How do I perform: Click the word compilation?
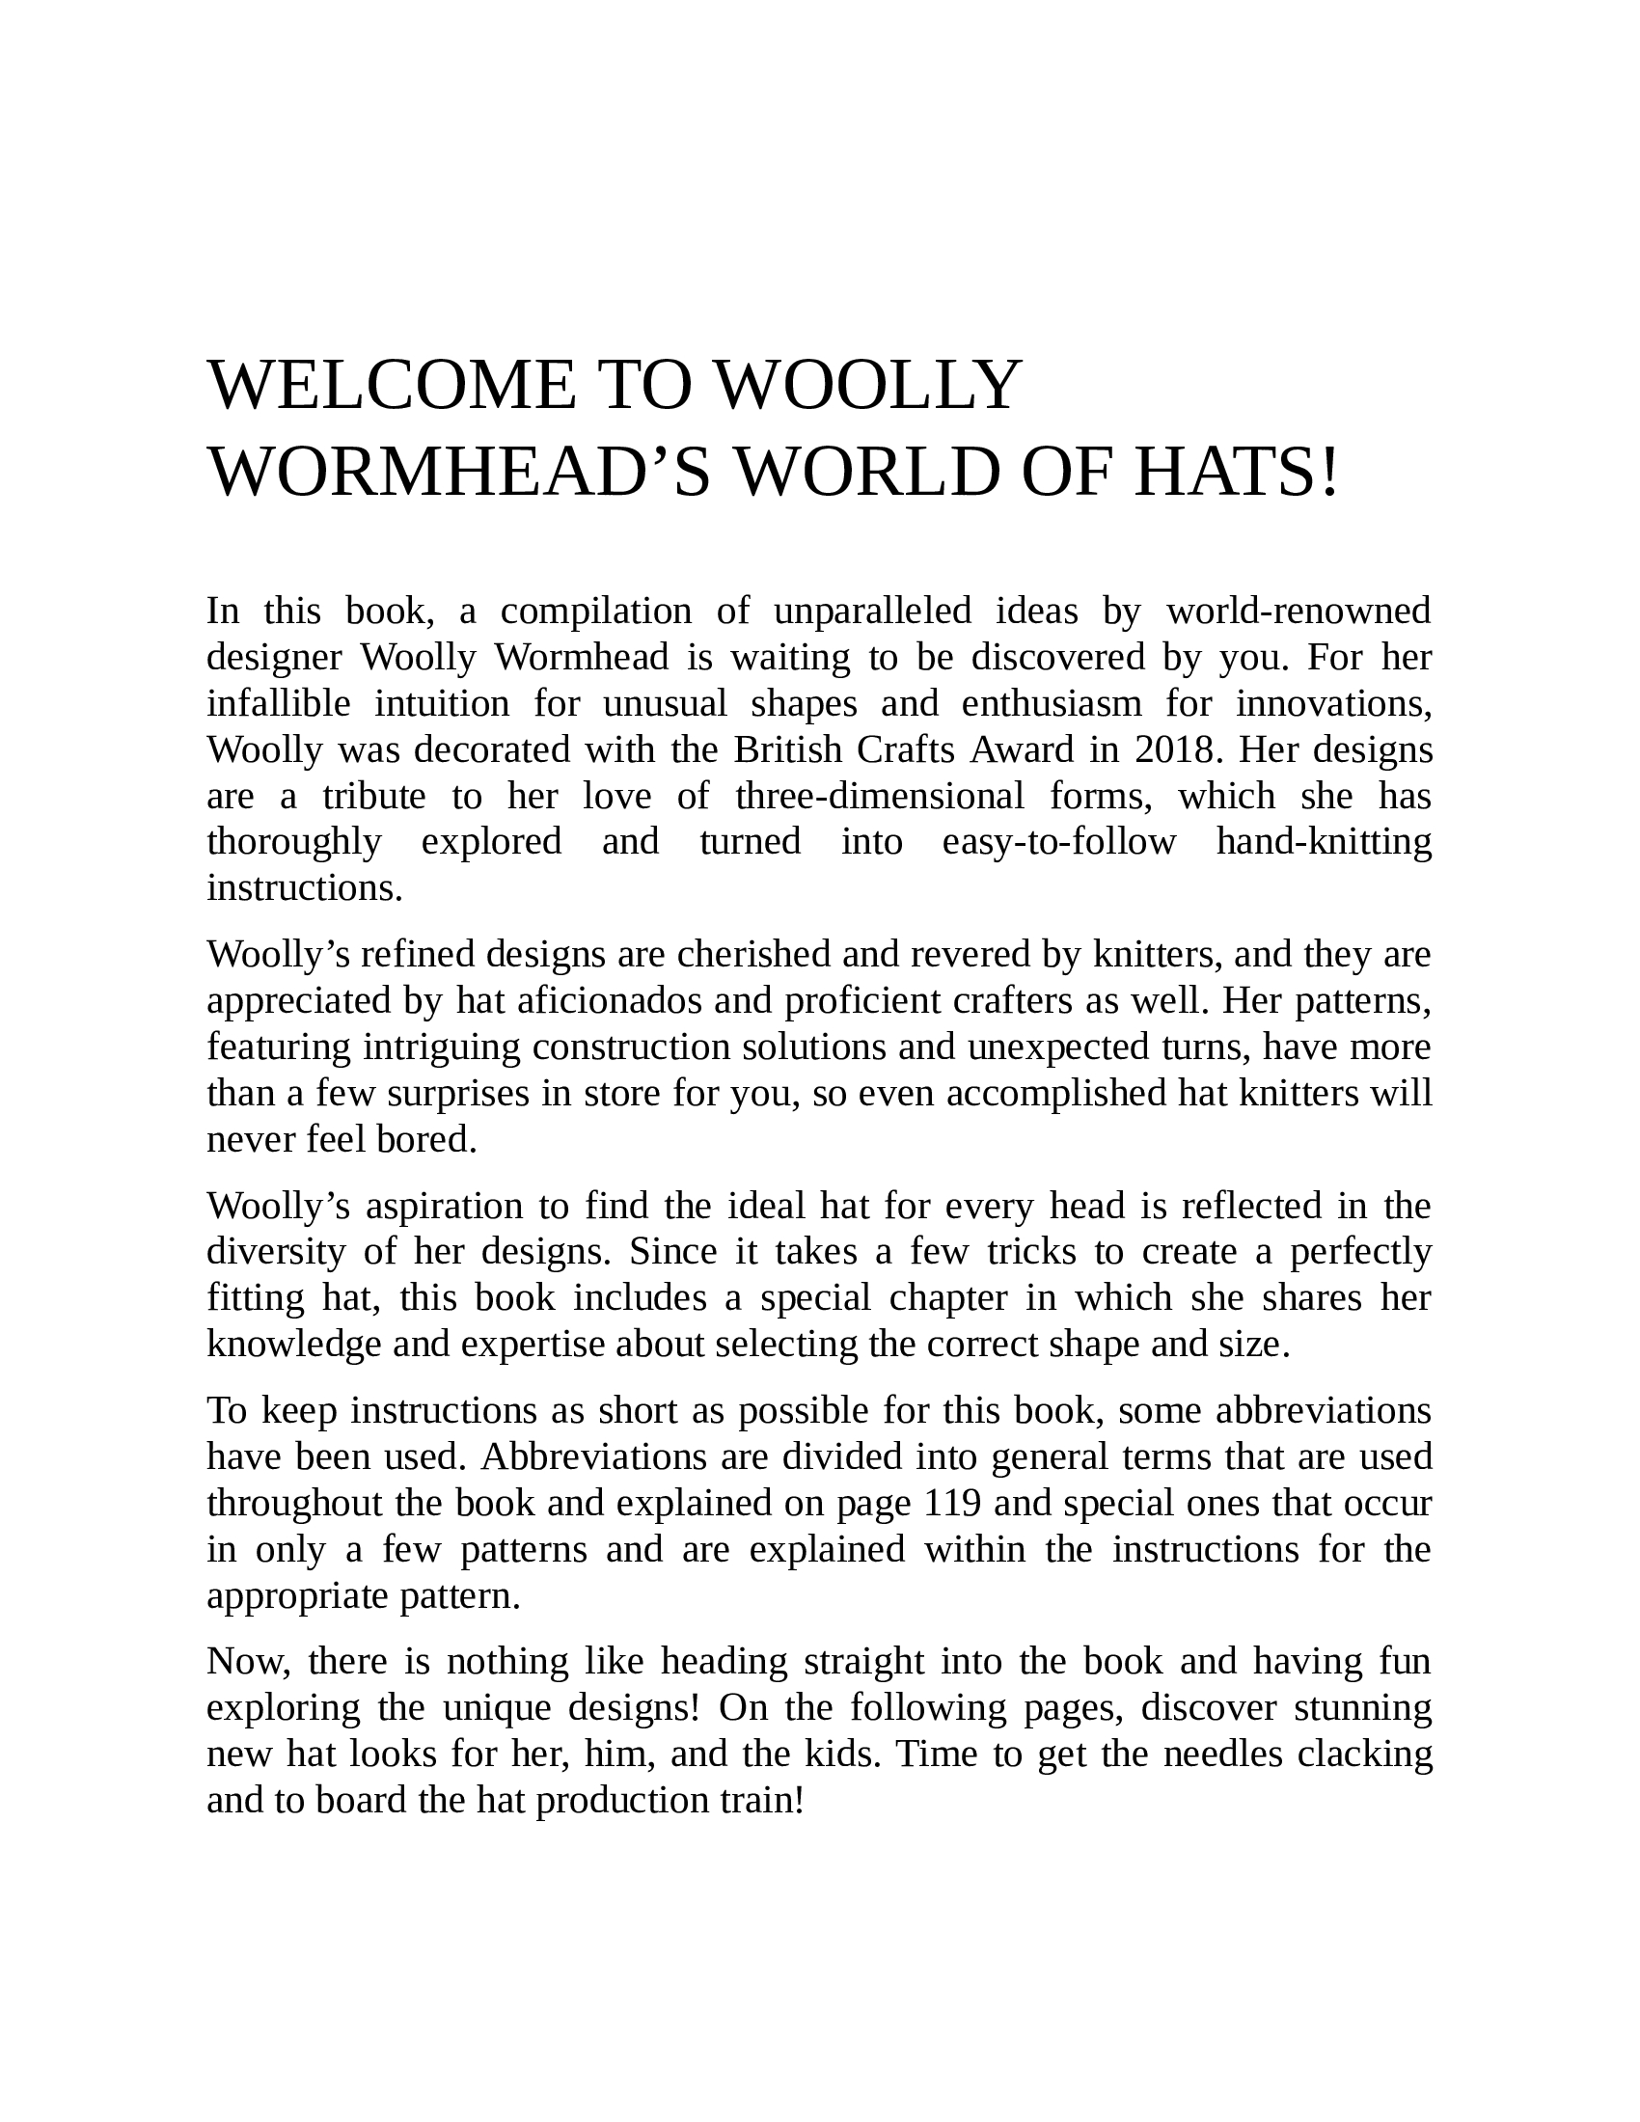click(x=595, y=612)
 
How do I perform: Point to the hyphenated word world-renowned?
click(x=1299, y=612)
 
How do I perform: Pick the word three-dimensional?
click(x=879, y=796)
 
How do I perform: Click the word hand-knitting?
click(x=1324, y=841)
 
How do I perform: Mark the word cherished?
click(x=753, y=954)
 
